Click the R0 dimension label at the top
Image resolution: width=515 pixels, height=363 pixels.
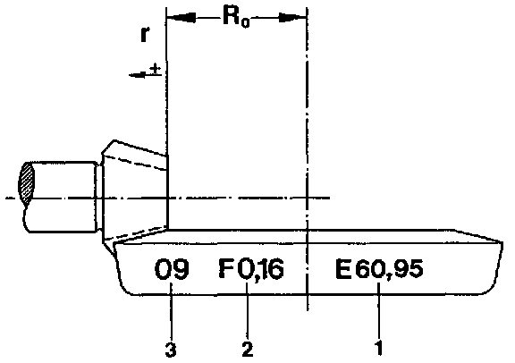coord(236,17)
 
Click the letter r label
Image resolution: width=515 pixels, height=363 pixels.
coord(145,34)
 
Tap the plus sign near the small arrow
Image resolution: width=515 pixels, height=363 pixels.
coord(155,69)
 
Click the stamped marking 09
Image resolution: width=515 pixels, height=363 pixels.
coord(172,269)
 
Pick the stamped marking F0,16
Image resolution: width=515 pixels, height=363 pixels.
coord(251,269)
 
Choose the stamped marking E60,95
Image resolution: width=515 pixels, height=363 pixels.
coord(379,269)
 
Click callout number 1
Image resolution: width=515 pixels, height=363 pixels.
coord(379,348)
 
